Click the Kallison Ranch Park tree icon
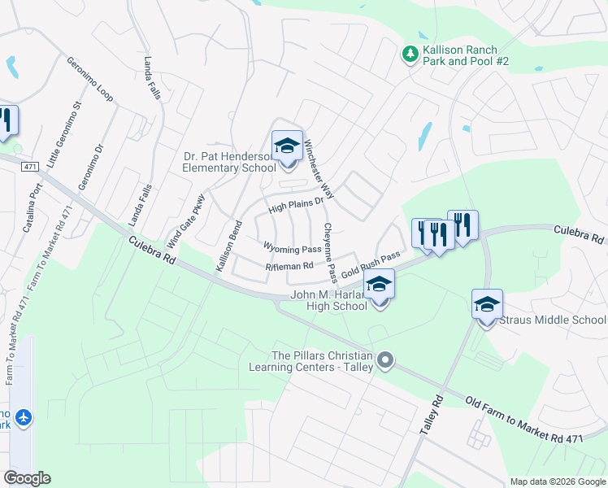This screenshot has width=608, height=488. coord(411,54)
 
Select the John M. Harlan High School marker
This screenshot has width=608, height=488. coord(379,285)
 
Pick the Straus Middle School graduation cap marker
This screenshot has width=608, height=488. coord(487,305)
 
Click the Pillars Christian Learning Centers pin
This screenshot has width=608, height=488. coord(386,359)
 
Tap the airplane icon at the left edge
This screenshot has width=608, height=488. coord(24,417)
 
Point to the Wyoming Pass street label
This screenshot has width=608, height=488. coord(292,247)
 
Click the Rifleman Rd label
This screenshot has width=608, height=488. coord(289,266)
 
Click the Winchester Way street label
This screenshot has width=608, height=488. coord(319,169)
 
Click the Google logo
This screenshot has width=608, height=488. coord(27,478)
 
